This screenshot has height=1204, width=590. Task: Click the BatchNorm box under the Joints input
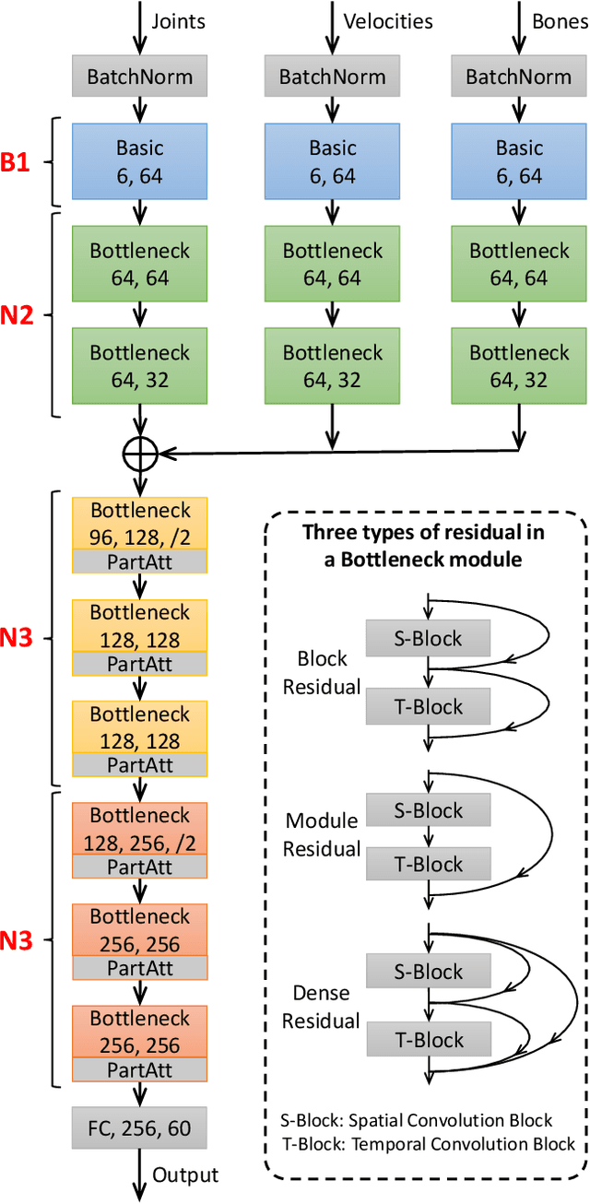(139, 77)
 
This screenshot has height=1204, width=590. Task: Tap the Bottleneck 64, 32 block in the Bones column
(519, 365)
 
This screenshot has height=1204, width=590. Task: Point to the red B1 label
(18, 163)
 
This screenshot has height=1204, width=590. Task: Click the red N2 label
(18, 315)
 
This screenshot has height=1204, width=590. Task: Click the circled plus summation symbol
(140, 452)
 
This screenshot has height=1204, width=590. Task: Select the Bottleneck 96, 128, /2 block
(140, 522)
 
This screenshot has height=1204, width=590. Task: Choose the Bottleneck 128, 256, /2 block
(140, 827)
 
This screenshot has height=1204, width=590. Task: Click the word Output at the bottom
(185, 1174)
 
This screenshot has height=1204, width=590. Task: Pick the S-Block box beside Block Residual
(428, 638)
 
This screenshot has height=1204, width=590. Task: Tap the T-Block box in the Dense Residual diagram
(428, 1040)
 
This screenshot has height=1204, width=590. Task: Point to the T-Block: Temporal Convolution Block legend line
(427, 1143)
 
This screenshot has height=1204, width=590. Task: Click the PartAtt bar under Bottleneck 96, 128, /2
(140, 561)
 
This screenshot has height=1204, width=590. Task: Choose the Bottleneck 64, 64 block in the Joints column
(140, 263)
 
